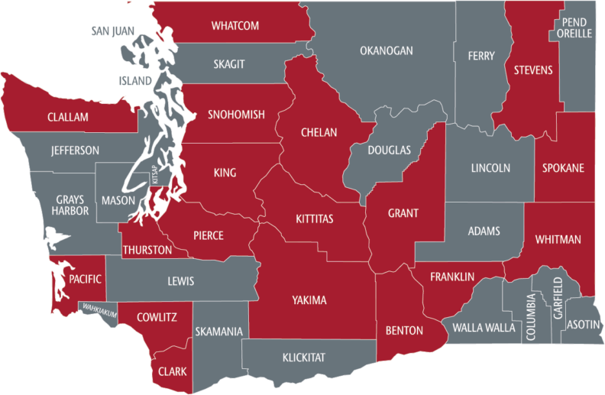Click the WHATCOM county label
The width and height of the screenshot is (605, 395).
tap(235, 26)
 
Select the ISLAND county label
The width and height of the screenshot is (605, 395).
tap(135, 80)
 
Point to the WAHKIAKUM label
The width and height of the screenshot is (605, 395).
tap(100, 309)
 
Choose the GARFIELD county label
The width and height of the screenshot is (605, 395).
tap(558, 299)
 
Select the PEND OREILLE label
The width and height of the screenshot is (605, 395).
tap(574, 28)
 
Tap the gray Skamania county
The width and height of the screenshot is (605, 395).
tap(219, 332)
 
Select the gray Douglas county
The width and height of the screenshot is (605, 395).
tap(388, 150)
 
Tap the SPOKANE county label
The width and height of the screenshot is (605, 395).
tap(565, 167)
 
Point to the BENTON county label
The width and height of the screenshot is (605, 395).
tap(404, 331)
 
